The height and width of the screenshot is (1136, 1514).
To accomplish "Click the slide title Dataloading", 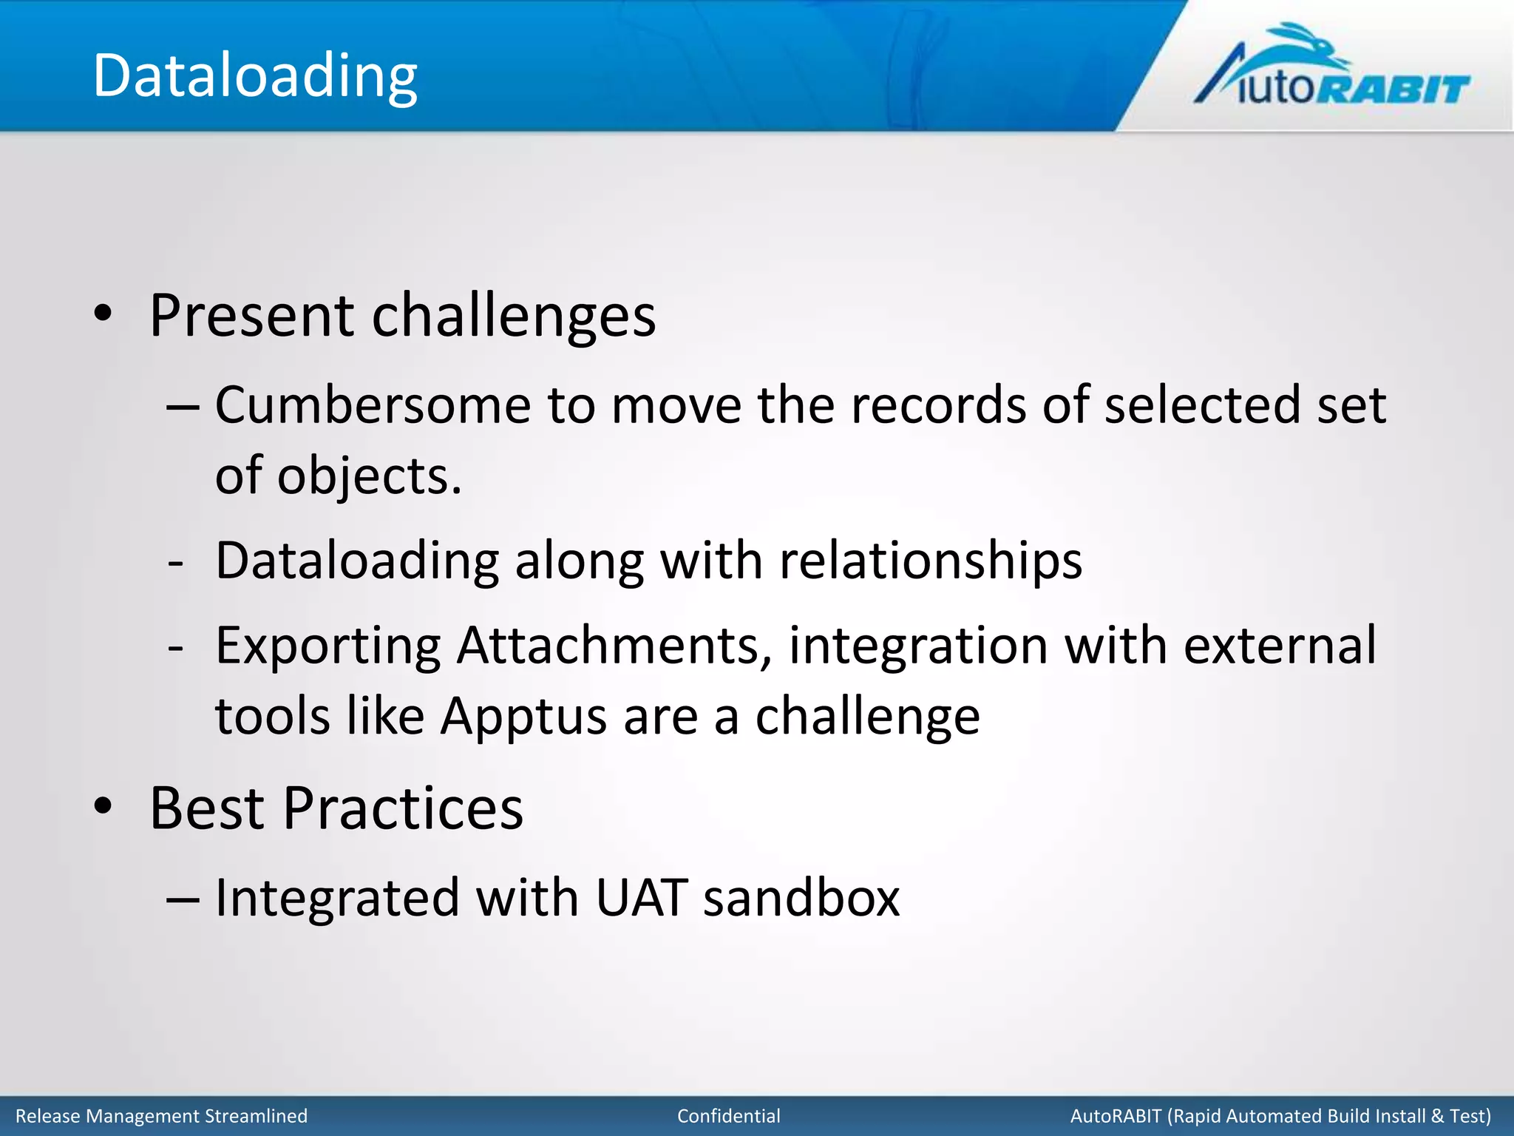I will click(x=255, y=76).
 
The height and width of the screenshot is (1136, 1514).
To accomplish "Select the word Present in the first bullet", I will click(x=252, y=316).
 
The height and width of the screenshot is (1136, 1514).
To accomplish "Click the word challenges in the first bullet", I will click(x=513, y=316).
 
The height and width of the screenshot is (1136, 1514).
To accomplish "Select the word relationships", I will click(x=931, y=561).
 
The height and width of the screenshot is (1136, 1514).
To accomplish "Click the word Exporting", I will click(x=328, y=646).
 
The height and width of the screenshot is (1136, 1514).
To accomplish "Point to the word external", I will click(x=1280, y=645).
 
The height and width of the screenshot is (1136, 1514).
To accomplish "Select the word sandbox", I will click(x=801, y=898).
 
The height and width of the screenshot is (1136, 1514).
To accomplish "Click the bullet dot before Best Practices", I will click(x=103, y=807).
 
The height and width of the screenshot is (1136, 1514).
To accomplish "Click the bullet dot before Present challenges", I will click(x=103, y=314).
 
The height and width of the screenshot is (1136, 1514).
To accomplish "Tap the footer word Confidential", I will click(x=728, y=1116).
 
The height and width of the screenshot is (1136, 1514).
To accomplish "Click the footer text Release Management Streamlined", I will click(x=161, y=1116).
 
